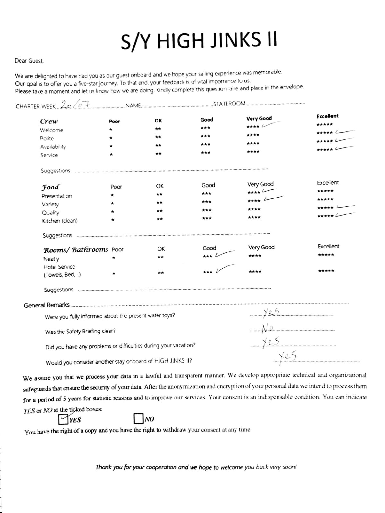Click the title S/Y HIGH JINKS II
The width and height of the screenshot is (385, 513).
click(x=199, y=41)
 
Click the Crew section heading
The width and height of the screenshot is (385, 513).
click(x=49, y=122)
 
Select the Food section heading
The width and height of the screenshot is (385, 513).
click(x=50, y=187)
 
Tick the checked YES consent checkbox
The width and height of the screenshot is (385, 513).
click(x=63, y=419)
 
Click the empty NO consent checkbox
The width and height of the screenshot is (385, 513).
click(x=138, y=418)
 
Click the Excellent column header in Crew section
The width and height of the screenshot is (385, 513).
click(x=327, y=116)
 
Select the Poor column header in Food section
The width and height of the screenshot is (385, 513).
click(x=116, y=187)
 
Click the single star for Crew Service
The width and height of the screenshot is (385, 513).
click(x=111, y=155)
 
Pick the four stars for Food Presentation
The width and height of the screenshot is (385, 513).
click(x=254, y=193)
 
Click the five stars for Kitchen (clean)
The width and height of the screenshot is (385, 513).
click(x=325, y=216)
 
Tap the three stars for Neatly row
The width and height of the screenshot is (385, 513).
click(x=207, y=256)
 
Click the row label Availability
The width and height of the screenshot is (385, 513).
click(x=53, y=147)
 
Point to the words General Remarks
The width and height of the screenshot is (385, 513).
click(x=47, y=305)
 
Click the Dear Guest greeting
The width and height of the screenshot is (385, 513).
click(x=29, y=61)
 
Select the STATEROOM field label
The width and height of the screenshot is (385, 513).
click(x=229, y=104)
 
